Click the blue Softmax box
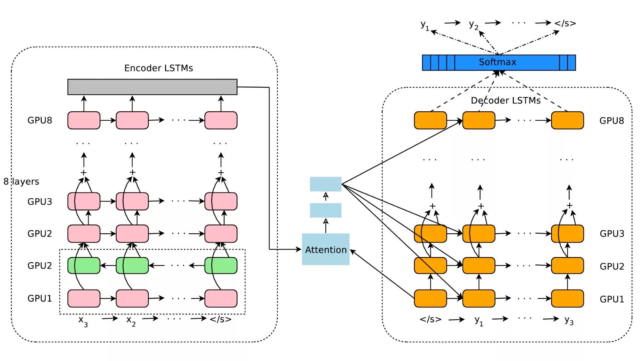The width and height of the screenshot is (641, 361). coord(498,62)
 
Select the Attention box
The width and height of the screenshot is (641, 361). coord(325,249)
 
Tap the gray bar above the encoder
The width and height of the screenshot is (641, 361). coord(152,87)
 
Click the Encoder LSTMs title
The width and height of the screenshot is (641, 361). coord(159,68)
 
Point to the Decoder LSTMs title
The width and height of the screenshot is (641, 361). coord(505,100)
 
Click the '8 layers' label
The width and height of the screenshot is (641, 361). coord(21,182)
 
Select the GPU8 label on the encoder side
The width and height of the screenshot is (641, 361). coord(40,120)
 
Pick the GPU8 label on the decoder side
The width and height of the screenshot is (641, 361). coord(612,121)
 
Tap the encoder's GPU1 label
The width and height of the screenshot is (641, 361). coord(40,298)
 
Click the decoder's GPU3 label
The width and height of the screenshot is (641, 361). coord(612,234)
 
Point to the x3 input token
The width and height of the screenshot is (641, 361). coord(83,320)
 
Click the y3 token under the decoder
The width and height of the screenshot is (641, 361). coord(569,320)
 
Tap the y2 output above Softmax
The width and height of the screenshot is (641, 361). coord(473,24)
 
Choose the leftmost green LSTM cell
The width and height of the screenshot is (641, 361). coord(84,266)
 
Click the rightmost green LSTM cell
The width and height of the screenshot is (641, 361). coord(221,266)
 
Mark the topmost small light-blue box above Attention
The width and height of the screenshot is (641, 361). coord(325,184)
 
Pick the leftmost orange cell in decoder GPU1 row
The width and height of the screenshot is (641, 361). coord(430,298)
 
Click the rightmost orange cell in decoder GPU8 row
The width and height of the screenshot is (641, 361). coord(567,120)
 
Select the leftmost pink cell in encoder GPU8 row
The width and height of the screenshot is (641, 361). coord(84,120)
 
